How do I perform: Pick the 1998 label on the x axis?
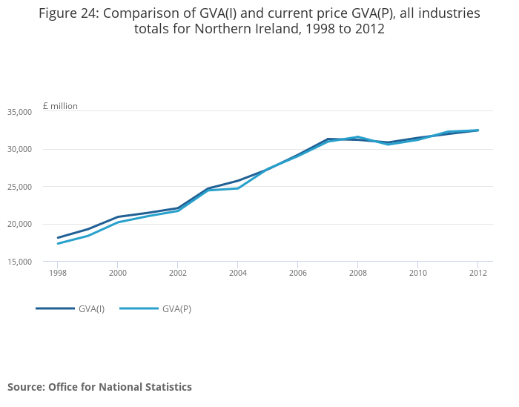tap(58, 273)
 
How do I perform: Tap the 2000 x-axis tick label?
tap(118, 273)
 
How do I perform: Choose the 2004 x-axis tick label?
tap(237, 273)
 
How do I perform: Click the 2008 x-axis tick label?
tap(357, 273)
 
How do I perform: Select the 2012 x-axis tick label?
tap(477, 273)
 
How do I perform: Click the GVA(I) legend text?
tap(91, 309)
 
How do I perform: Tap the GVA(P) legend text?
tap(176, 309)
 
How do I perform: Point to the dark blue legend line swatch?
tap(55, 308)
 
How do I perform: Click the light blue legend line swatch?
tap(139, 308)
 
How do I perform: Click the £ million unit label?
tap(60, 106)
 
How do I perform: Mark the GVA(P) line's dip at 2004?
tap(237, 188)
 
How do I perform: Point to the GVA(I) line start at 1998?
tap(58, 238)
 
